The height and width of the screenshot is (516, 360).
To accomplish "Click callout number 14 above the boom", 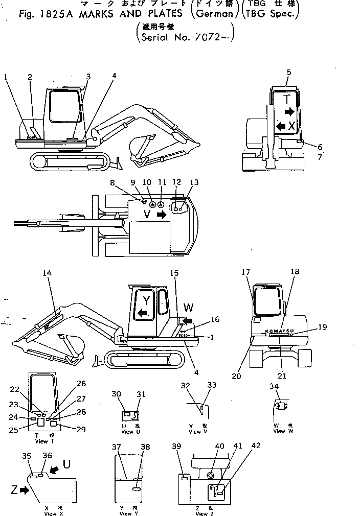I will (x=47, y=273).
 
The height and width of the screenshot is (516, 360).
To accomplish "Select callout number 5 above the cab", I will (x=289, y=73).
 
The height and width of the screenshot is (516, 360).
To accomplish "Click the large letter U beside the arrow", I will (x=66, y=464).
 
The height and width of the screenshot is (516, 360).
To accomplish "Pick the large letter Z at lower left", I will (x=14, y=490).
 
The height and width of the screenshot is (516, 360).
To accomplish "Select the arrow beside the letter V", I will (x=162, y=215).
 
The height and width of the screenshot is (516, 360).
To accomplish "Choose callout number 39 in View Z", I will (x=177, y=445).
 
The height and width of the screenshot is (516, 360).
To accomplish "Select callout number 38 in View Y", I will (x=146, y=447).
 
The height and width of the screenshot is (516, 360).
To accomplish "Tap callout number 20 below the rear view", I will (x=235, y=376).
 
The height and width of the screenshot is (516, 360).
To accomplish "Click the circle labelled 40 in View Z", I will (x=211, y=476).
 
